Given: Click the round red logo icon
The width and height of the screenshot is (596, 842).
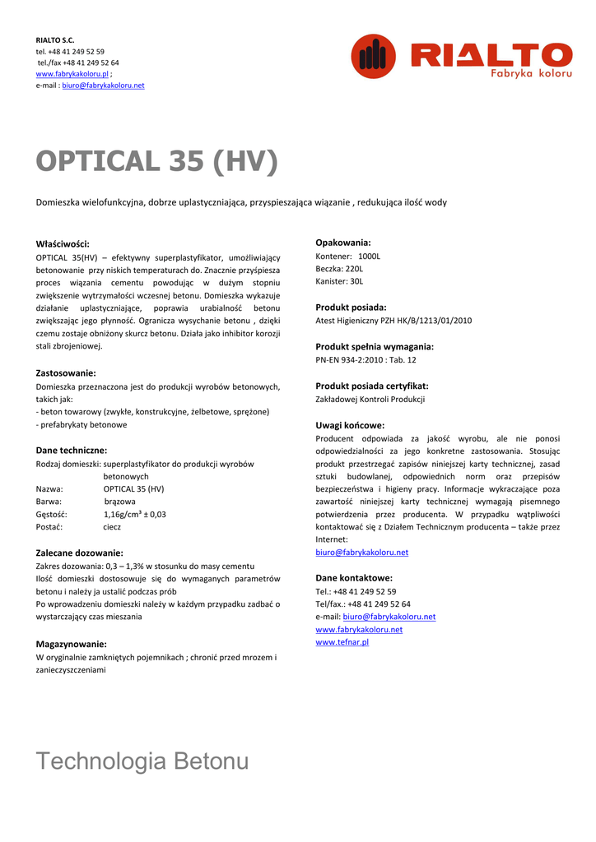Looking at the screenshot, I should [x=374, y=56].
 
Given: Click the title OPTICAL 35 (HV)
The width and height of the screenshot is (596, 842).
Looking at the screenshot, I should [x=157, y=162].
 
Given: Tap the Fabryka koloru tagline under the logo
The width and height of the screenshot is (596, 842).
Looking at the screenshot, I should [x=531, y=74].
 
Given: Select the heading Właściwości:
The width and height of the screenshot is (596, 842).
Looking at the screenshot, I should [x=63, y=244].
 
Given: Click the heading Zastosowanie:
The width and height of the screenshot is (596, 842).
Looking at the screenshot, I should [x=66, y=373].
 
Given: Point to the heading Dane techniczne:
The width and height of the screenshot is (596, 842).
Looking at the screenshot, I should [x=72, y=451].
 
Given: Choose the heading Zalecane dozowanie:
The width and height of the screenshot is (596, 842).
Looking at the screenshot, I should [x=79, y=553].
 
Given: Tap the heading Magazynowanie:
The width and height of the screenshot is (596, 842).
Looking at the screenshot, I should [x=72, y=644].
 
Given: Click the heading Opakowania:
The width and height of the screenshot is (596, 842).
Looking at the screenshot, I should [x=343, y=243].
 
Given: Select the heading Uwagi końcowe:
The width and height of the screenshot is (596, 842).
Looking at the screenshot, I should [x=350, y=425].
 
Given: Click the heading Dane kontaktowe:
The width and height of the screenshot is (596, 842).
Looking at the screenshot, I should [x=354, y=578].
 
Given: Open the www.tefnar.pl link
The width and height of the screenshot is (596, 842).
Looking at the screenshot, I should [x=342, y=642].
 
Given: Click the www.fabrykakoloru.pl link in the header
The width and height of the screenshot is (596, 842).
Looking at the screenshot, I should [x=72, y=74].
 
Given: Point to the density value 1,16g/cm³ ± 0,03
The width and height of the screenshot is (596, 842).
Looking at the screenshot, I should [x=135, y=514].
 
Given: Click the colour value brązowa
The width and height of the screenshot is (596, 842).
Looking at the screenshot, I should [x=120, y=501].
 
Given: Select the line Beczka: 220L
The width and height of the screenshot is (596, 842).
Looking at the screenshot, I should [x=339, y=269].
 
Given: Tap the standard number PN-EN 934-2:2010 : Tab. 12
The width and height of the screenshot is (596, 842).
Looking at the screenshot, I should [x=366, y=359].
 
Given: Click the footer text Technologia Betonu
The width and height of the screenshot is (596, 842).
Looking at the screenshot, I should [x=142, y=761].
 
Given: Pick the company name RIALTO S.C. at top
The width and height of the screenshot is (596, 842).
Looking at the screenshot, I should [x=55, y=39].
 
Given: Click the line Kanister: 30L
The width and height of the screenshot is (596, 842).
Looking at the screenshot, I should [x=339, y=282].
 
